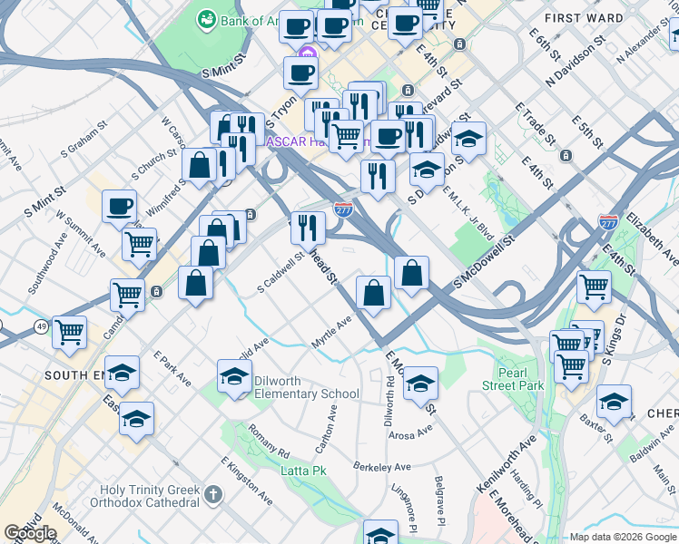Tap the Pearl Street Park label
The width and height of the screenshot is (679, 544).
tap(518, 379)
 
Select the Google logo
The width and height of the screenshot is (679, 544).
tap(30, 533)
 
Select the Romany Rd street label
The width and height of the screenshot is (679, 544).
tap(269, 441)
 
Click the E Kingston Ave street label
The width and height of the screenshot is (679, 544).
tap(246, 481)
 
